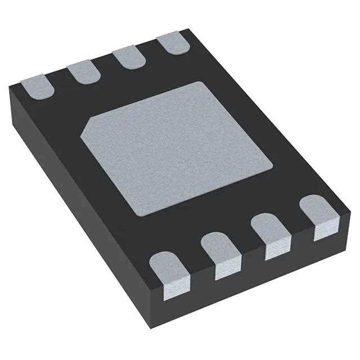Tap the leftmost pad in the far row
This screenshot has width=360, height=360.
click(35, 85)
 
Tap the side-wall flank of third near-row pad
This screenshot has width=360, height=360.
click(276, 249)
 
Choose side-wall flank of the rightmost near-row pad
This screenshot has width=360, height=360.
click(325, 229)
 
